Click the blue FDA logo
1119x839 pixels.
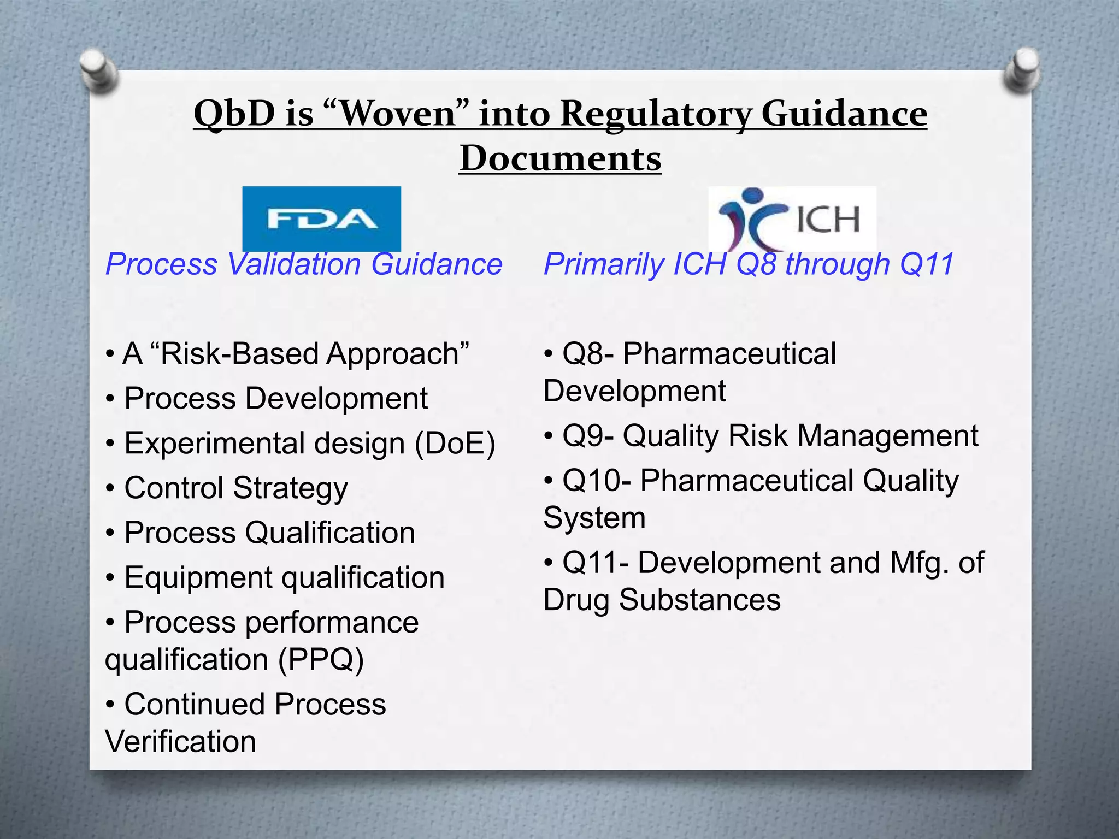click(x=321, y=218)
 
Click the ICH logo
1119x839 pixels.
click(x=792, y=218)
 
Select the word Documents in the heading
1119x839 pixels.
click(x=560, y=158)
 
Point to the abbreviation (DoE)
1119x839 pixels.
click(x=455, y=443)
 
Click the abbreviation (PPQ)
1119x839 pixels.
click(x=321, y=659)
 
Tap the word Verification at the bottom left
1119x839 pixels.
click(x=180, y=742)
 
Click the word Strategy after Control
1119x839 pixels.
click(x=290, y=488)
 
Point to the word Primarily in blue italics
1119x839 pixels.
click(x=603, y=264)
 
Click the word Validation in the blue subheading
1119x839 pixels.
click(x=293, y=264)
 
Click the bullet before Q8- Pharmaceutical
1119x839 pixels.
click(x=549, y=354)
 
